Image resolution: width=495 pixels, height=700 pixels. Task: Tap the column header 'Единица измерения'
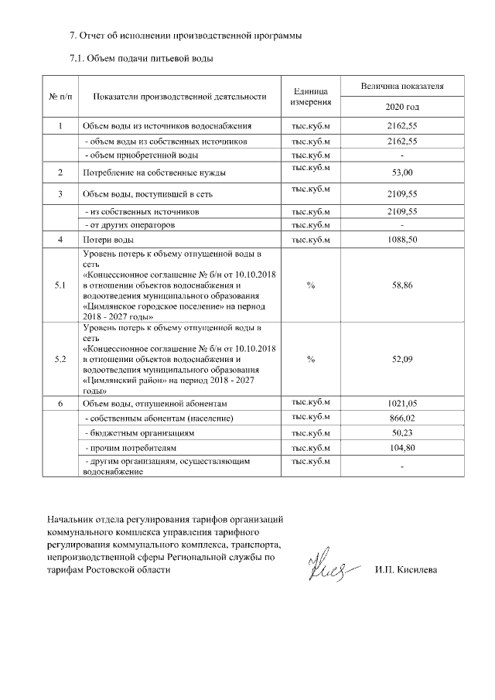tap(310, 96)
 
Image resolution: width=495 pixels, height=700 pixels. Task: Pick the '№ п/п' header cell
tap(61, 96)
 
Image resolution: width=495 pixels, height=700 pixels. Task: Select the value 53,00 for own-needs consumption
tap(402, 172)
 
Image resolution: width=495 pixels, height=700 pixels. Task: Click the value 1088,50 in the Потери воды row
tap(402, 240)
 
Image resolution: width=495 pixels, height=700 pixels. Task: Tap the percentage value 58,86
tap(402, 285)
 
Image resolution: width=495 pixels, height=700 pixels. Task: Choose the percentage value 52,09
tap(402, 360)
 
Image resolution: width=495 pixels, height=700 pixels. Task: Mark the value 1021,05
tap(402, 404)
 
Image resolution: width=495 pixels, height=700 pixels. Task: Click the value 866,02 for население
tap(402, 418)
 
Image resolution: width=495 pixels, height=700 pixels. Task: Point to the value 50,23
tap(402, 433)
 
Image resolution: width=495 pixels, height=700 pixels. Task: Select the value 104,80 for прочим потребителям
tap(402, 448)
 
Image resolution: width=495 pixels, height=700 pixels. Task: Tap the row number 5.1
tap(61, 285)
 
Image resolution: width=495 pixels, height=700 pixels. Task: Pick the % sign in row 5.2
tap(310, 360)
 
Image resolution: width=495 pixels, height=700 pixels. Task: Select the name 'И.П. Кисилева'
tap(404, 571)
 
